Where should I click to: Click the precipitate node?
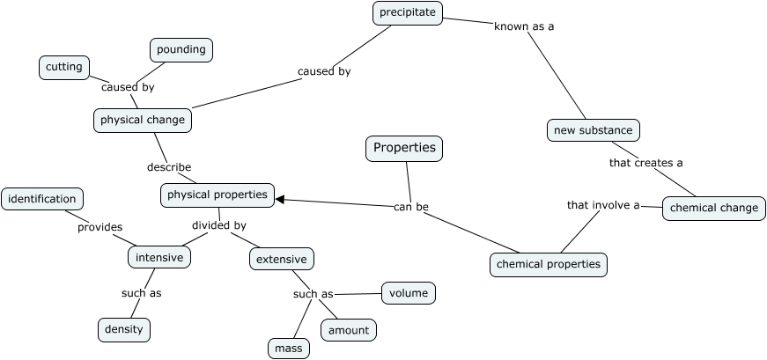pos(407,12)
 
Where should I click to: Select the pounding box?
pos(181,50)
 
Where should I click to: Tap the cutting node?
pos(64,67)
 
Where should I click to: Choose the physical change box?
pos(143,120)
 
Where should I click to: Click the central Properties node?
pos(404,149)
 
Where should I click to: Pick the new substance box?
pos(593,130)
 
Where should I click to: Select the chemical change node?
pos(714,208)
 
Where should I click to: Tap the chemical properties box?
pos(549,263)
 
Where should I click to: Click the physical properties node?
pos(218,195)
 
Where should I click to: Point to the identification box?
pos(42,199)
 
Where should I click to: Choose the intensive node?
pos(159,258)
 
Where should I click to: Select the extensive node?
pos(282,259)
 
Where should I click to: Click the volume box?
pos(409,292)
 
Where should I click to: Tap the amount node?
pos(349,330)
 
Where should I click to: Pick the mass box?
pos(289,349)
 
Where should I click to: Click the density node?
pos(124,330)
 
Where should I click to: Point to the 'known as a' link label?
pos(524,26)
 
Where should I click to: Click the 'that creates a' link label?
pos(646,163)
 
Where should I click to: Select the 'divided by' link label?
pos(219,225)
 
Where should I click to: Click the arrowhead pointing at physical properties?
pos(280,200)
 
